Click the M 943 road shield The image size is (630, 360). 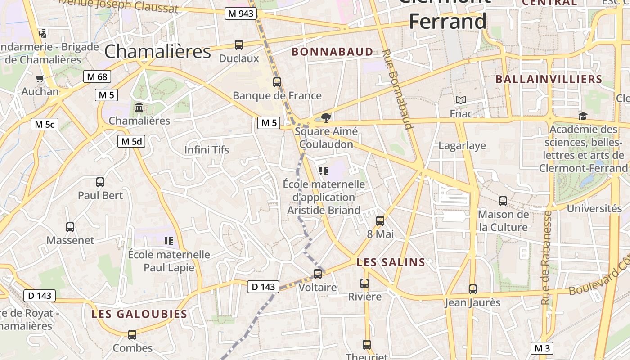pyautogui.click(x=241, y=13)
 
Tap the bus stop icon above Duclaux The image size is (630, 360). pyautogui.click(x=239, y=45)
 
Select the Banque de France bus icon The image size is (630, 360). pyautogui.click(x=277, y=82)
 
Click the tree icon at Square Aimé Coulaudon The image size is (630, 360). pyautogui.click(x=326, y=118)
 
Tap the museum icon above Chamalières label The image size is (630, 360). pyautogui.click(x=139, y=108)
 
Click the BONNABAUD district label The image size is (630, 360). pyautogui.click(x=333, y=52)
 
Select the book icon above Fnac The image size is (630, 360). pyautogui.click(x=461, y=100)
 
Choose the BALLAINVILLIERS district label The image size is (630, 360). pyautogui.click(x=549, y=80)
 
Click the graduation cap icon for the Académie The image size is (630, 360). pyautogui.click(x=583, y=116)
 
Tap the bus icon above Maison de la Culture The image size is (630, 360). pyautogui.click(x=503, y=201)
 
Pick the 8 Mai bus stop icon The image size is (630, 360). pyautogui.click(x=380, y=221)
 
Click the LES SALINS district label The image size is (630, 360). pyautogui.click(x=391, y=262)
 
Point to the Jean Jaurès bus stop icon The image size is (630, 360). pyautogui.click(x=472, y=289)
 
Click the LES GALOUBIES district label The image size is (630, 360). pyautogui.click(x=139, y=314)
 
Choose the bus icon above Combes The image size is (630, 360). pyautogui.click(x=132, y=335)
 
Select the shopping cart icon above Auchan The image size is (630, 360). pyautogui.click(x=40, y=78)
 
